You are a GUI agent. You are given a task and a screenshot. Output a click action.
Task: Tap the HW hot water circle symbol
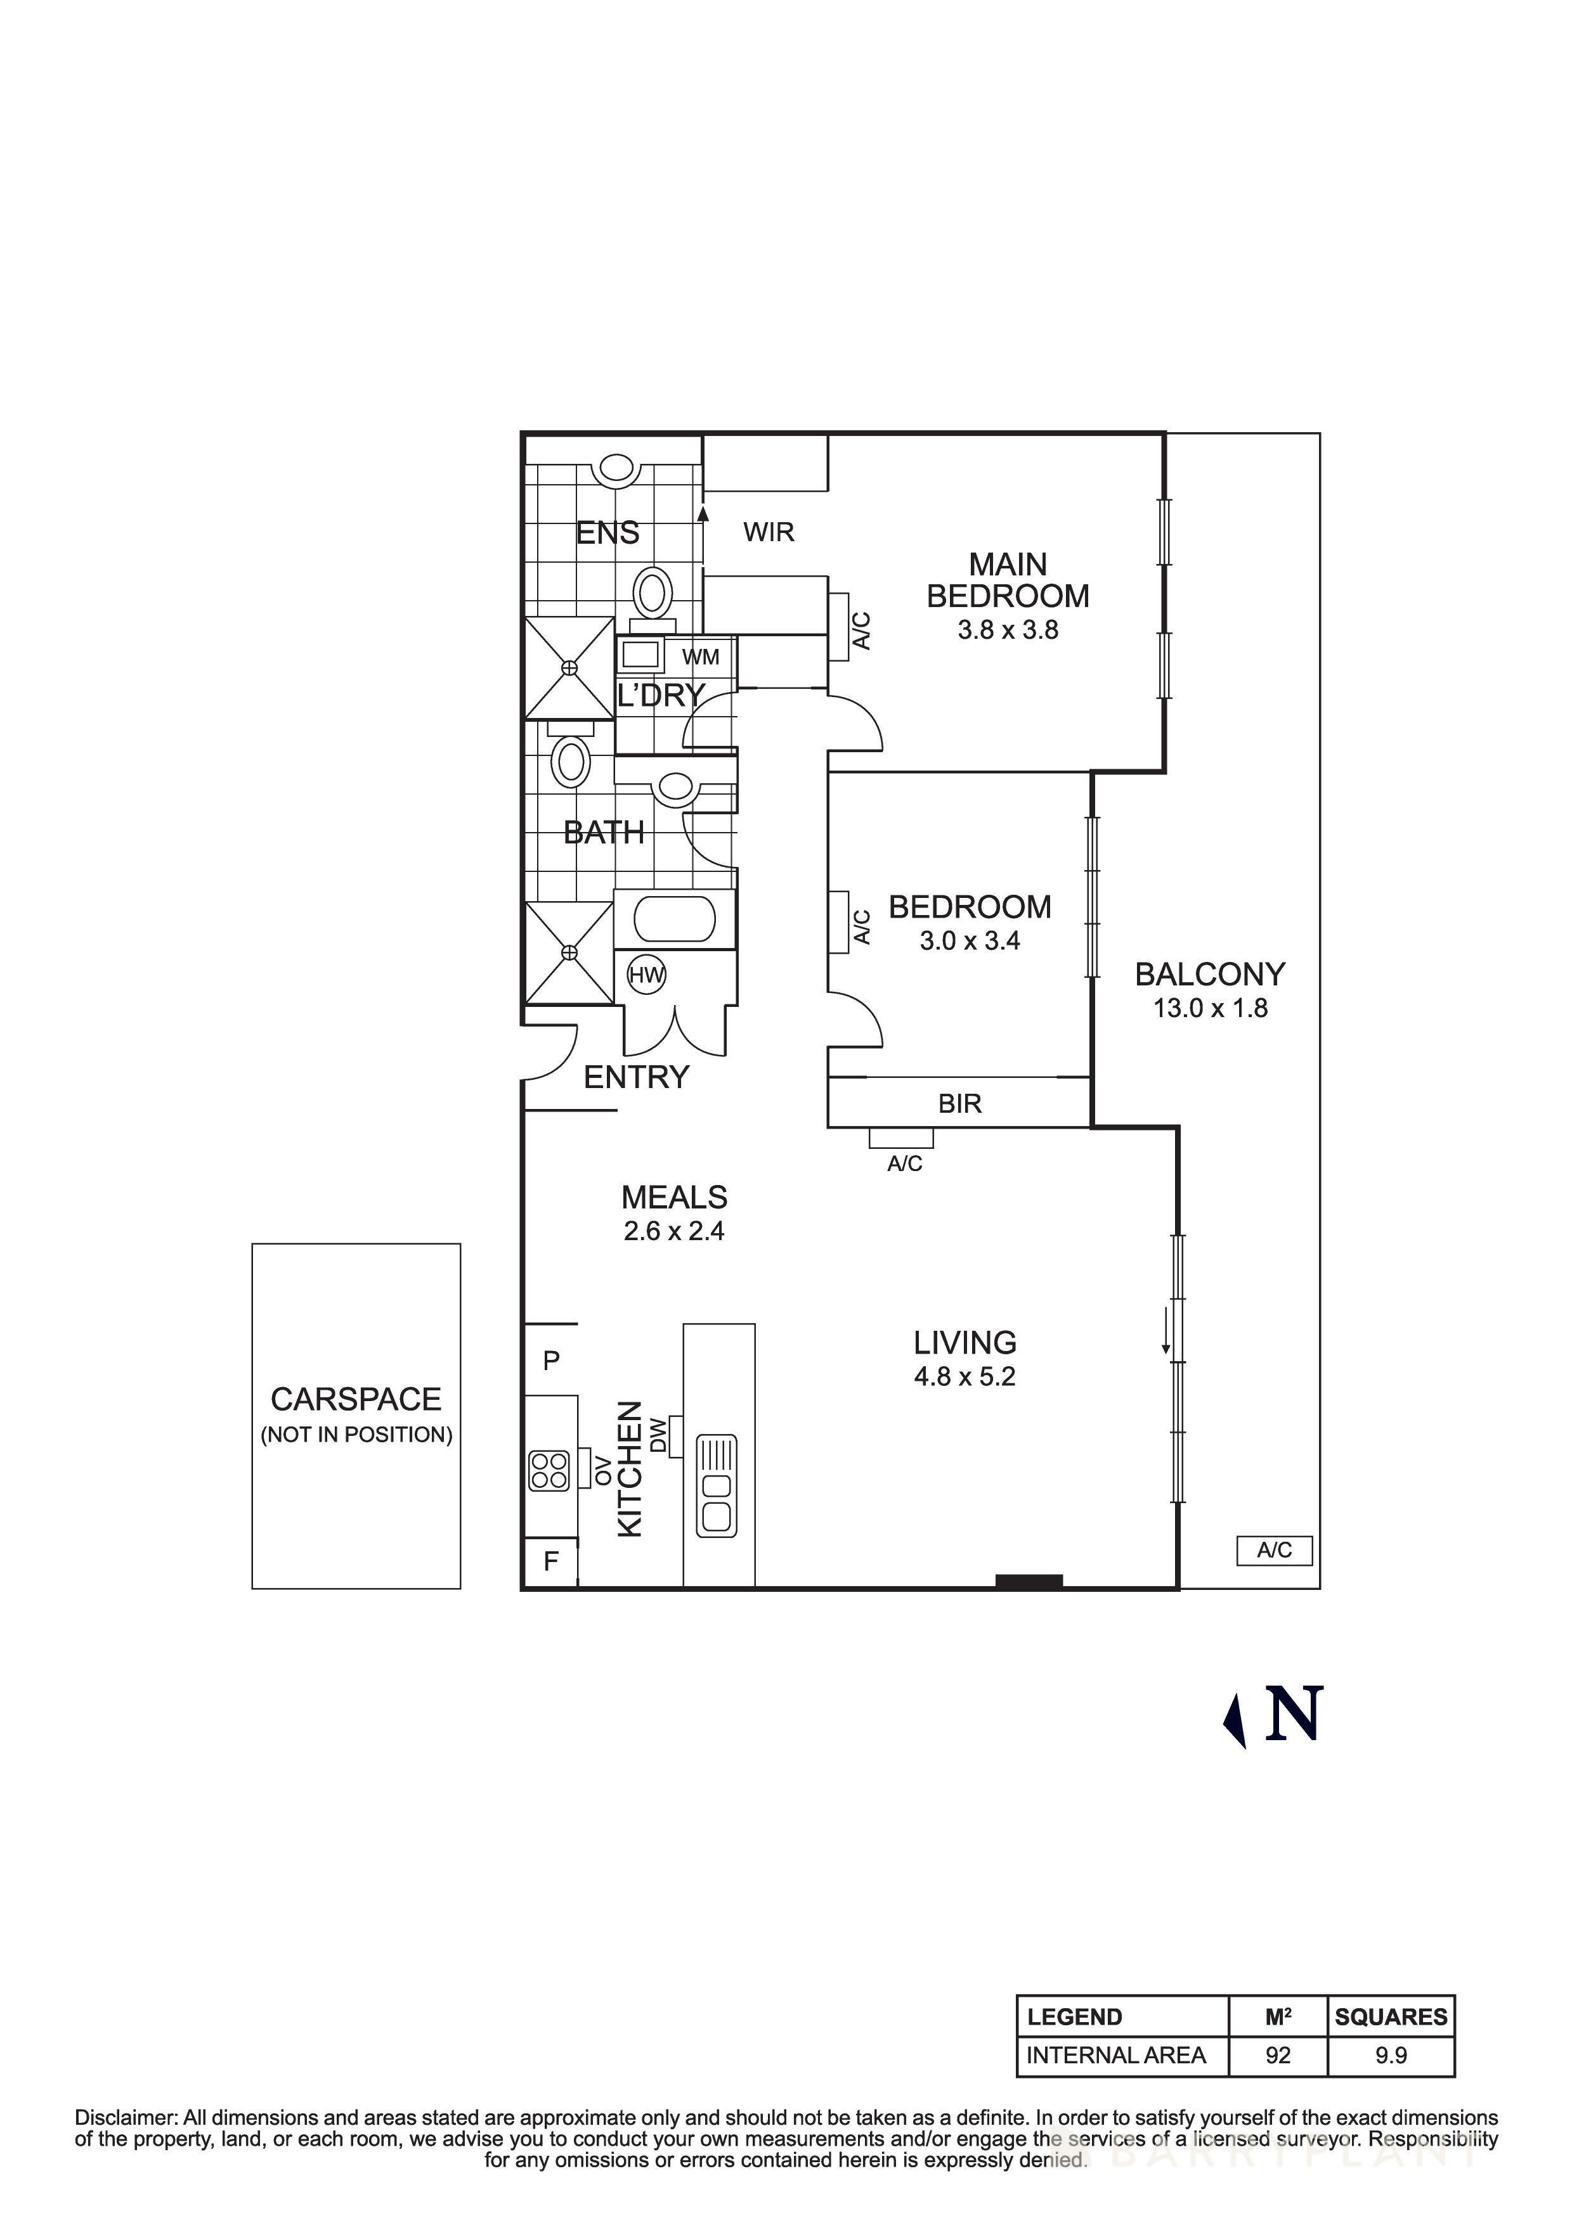tap(646, 975)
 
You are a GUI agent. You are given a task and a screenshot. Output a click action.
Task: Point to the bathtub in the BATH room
tap(675, 919)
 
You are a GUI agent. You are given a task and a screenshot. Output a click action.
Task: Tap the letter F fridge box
tap(551, 1561)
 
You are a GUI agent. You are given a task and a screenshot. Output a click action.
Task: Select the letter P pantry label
tap(551, 1361)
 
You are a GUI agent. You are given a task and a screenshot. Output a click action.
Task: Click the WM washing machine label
tap(700, 657)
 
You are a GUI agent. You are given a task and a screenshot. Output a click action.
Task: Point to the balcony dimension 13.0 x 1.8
tap(1210, 1008)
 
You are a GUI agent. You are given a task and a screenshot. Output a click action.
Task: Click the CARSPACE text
tap(356, 1399)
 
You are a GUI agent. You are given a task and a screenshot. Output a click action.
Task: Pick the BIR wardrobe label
tap(960, 1104)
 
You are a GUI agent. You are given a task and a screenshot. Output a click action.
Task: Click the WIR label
tap(769, 532)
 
